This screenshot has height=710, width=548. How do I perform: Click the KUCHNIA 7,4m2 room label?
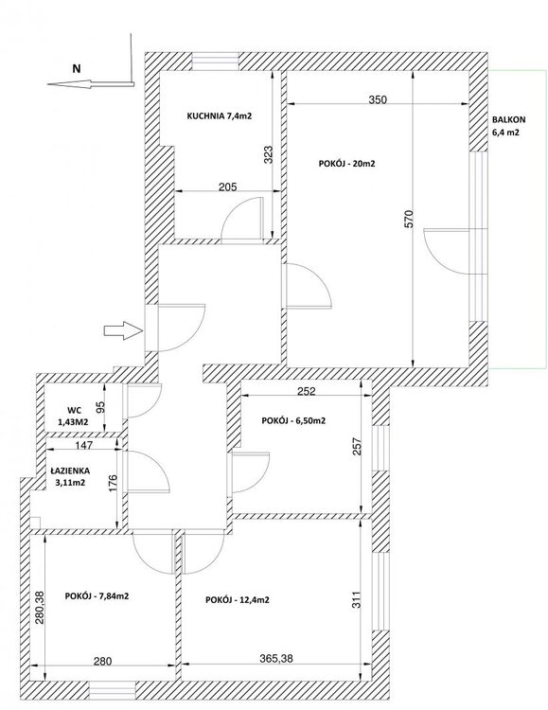[x=220, y=115]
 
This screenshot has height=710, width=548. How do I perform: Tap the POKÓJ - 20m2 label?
[x=347, y=164]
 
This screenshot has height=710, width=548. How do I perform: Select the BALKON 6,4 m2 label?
[x=509, y=126]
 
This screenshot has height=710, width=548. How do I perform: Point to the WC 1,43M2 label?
[x=74, y=417]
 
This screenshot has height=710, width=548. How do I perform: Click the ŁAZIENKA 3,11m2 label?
[x=70, y=477]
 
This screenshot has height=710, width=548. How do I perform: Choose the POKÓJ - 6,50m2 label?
[x=293, y=420]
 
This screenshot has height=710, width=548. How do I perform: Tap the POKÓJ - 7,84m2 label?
[x=97, y=595]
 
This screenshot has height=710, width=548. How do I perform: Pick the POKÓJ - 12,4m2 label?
[x=238, y=600]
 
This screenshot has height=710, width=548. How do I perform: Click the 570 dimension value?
[x=409, y=219]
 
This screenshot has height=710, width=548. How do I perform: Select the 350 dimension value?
[x=378, y=99]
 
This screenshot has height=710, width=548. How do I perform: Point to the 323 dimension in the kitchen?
[x=268, y=154]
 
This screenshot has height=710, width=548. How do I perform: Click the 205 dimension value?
[x=227, y=186]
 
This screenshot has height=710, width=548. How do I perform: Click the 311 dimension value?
[x=358, y=599]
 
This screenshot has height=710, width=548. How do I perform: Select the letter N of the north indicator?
[x=77, y=69]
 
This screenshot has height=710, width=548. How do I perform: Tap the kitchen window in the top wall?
[x=215, y=62]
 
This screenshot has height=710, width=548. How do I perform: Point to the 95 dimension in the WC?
[x=101, y=407]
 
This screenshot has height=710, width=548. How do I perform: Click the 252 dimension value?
[x=306, y=390]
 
